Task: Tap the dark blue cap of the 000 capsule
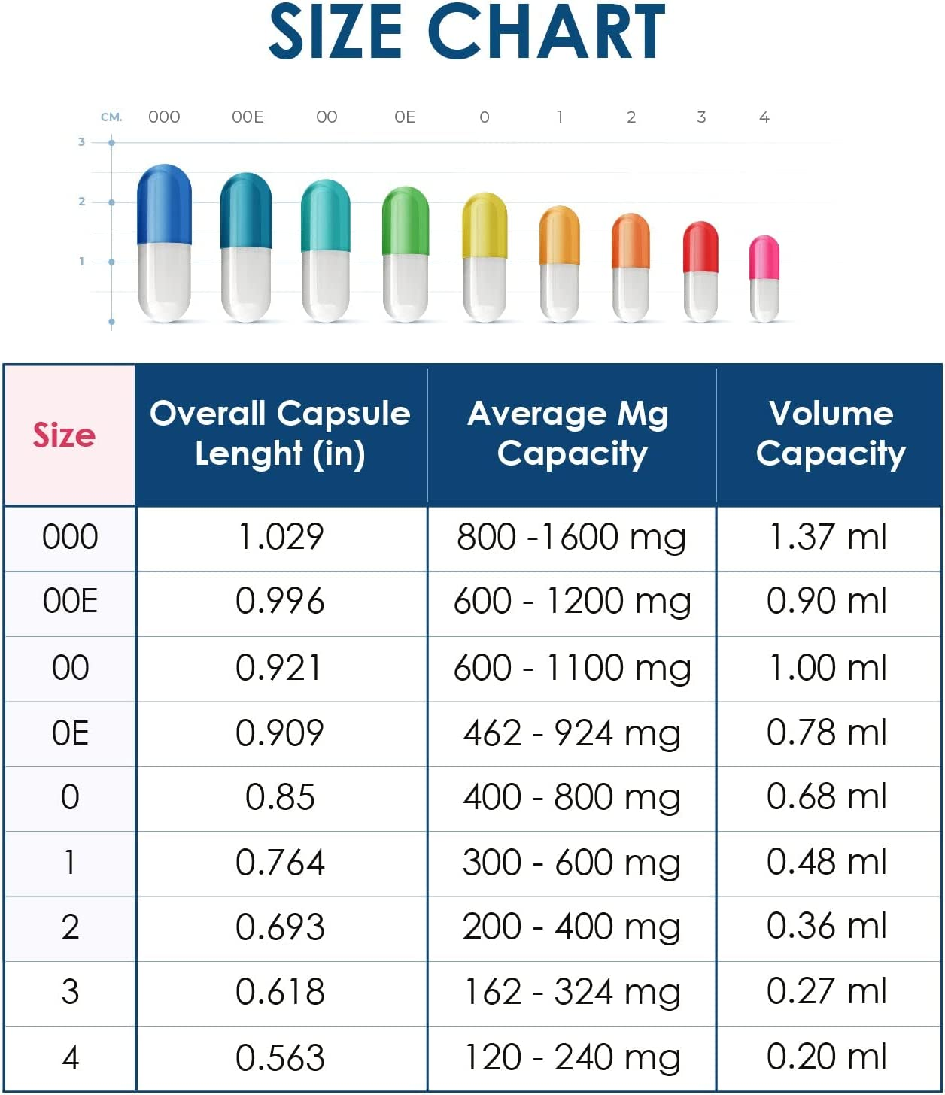click(164, 203)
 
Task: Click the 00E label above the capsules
click(248, 117)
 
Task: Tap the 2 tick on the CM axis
click(82, 201)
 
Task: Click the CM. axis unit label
click(111, 117)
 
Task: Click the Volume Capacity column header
click(830, 433)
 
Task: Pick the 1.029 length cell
click(280, 538)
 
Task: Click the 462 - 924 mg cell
click(572, 733)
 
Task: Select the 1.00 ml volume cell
click(828, 668)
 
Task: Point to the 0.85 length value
click(280, 797)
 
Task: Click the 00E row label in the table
click(70, 602)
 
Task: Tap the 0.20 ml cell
click(828, 1057)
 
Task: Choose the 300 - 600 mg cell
click(572, 863)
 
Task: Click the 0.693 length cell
click(280, 927)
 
